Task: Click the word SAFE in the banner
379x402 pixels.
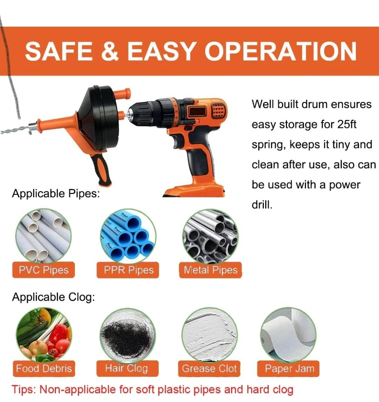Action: (59, 51)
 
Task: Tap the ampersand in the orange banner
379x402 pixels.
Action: (110, 51)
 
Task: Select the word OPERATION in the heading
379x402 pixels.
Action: (281, 51)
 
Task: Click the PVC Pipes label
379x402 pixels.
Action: (44, 270)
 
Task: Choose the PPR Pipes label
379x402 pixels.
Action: (128, 270)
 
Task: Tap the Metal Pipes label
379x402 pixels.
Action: (210, 270)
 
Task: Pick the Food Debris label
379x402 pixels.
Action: (44, 369)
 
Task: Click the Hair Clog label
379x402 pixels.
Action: (128, 368)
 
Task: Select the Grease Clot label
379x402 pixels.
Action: (209, 369)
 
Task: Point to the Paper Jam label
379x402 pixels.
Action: (288, 369)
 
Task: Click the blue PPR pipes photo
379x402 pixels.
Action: (128, 236)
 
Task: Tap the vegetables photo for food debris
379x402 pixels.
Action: (44, 335)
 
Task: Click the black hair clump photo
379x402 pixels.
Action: (128, 335)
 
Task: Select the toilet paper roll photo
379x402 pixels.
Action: (288, 335)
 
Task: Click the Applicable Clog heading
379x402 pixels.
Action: (53, 297)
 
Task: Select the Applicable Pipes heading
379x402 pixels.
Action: (55, 193)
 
